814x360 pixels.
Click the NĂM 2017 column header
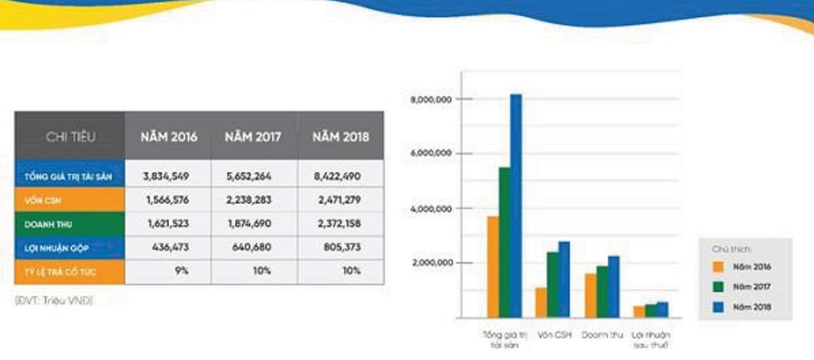pos(254,136)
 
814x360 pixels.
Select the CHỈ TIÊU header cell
pos(71,136)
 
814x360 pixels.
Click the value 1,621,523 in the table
pos(166,224)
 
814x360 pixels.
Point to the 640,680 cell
pos(254,247)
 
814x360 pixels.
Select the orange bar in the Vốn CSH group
pos(541,302)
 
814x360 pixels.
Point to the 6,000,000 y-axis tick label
pos(431,154)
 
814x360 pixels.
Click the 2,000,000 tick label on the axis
pos(431,263)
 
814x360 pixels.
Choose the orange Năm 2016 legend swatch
pos(716,266)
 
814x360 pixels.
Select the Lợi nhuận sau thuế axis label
pos(649,339)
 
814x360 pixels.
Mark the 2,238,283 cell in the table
pos(254,200)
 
